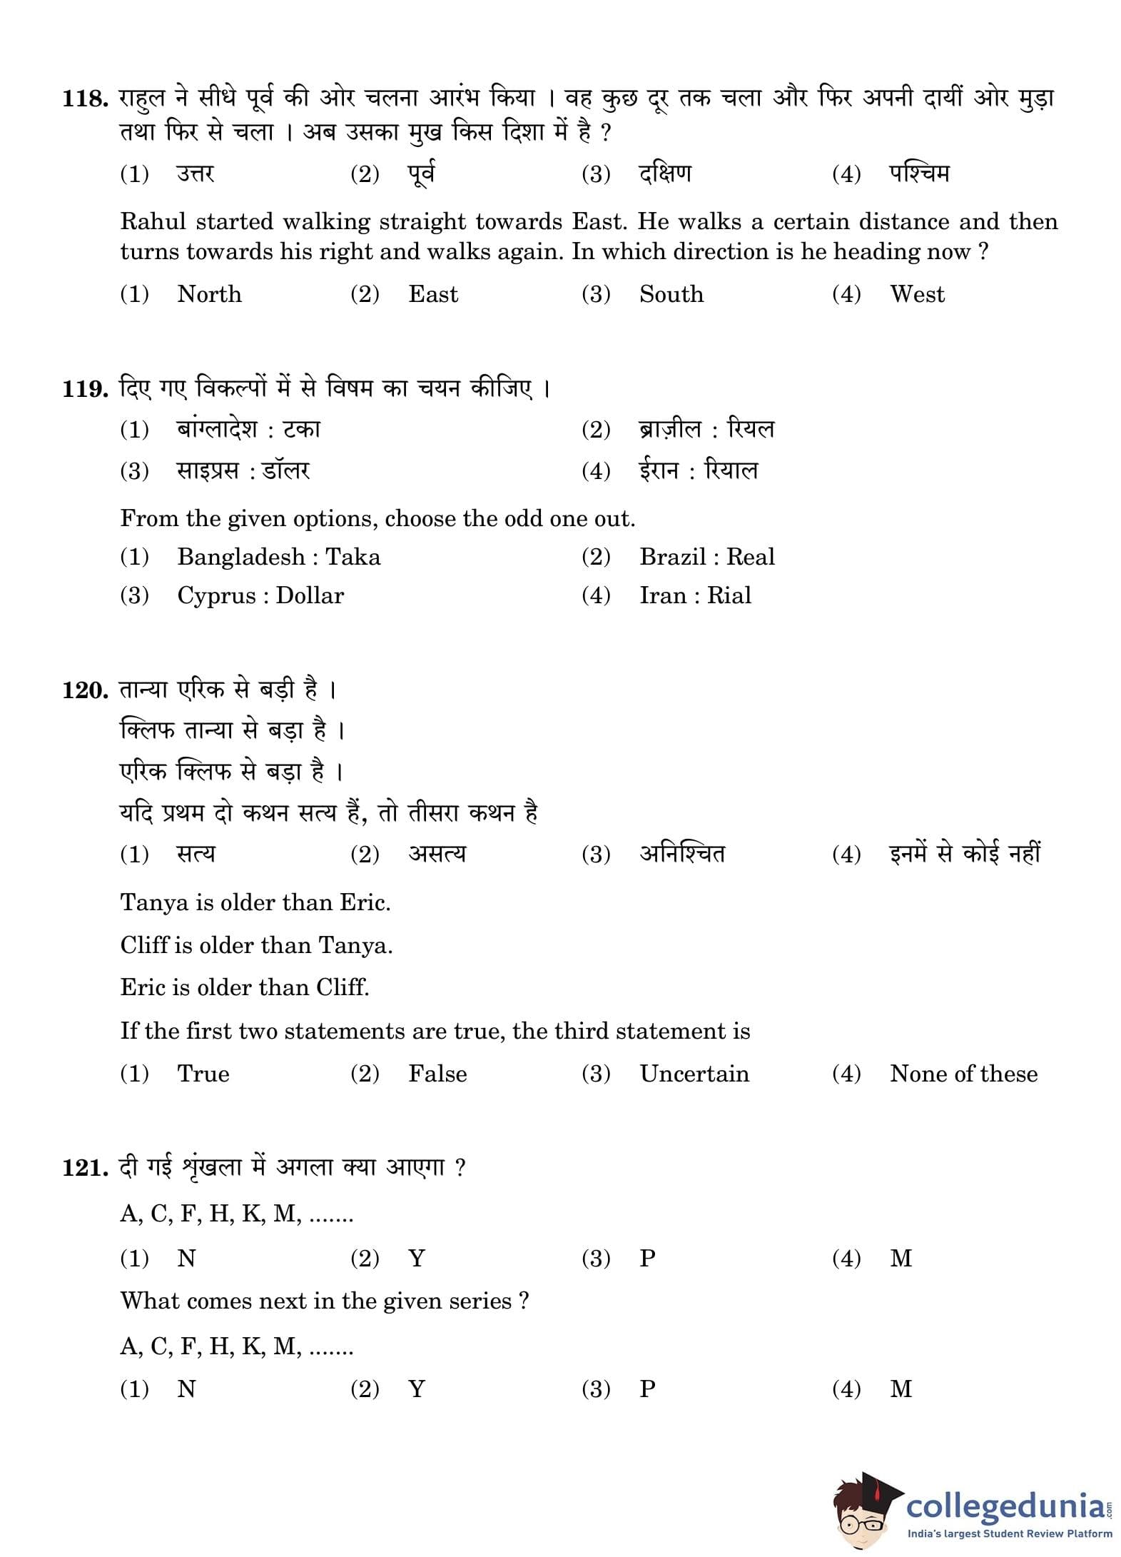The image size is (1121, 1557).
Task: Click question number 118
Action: [x=84, y=98]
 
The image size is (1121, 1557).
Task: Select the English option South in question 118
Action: [x=671, y=294]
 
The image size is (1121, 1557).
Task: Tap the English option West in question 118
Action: [x=917, y=294]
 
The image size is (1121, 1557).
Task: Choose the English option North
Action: [x=209, y=294]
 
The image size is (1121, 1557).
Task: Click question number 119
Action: [x=84, y=389]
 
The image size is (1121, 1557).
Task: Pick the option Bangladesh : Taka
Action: [x=278, y=557]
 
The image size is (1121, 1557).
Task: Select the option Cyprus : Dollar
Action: [x=260, y=595]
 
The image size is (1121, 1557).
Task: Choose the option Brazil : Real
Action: [x=706, y=557]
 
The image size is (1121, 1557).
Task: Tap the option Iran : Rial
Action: [x=695, y=595]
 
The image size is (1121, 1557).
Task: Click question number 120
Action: [x=84, y=690]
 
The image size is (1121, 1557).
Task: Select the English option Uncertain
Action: [x=694, y=1074]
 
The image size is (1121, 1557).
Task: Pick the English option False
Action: [x=437, y=1074]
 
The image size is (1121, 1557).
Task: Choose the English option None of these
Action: [x=963, y=1074]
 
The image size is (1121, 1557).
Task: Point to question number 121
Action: [x=84, y=1168]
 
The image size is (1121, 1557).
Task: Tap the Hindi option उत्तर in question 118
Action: [x=196, y=174]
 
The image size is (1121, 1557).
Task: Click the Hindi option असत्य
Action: [x=437, y=854]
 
